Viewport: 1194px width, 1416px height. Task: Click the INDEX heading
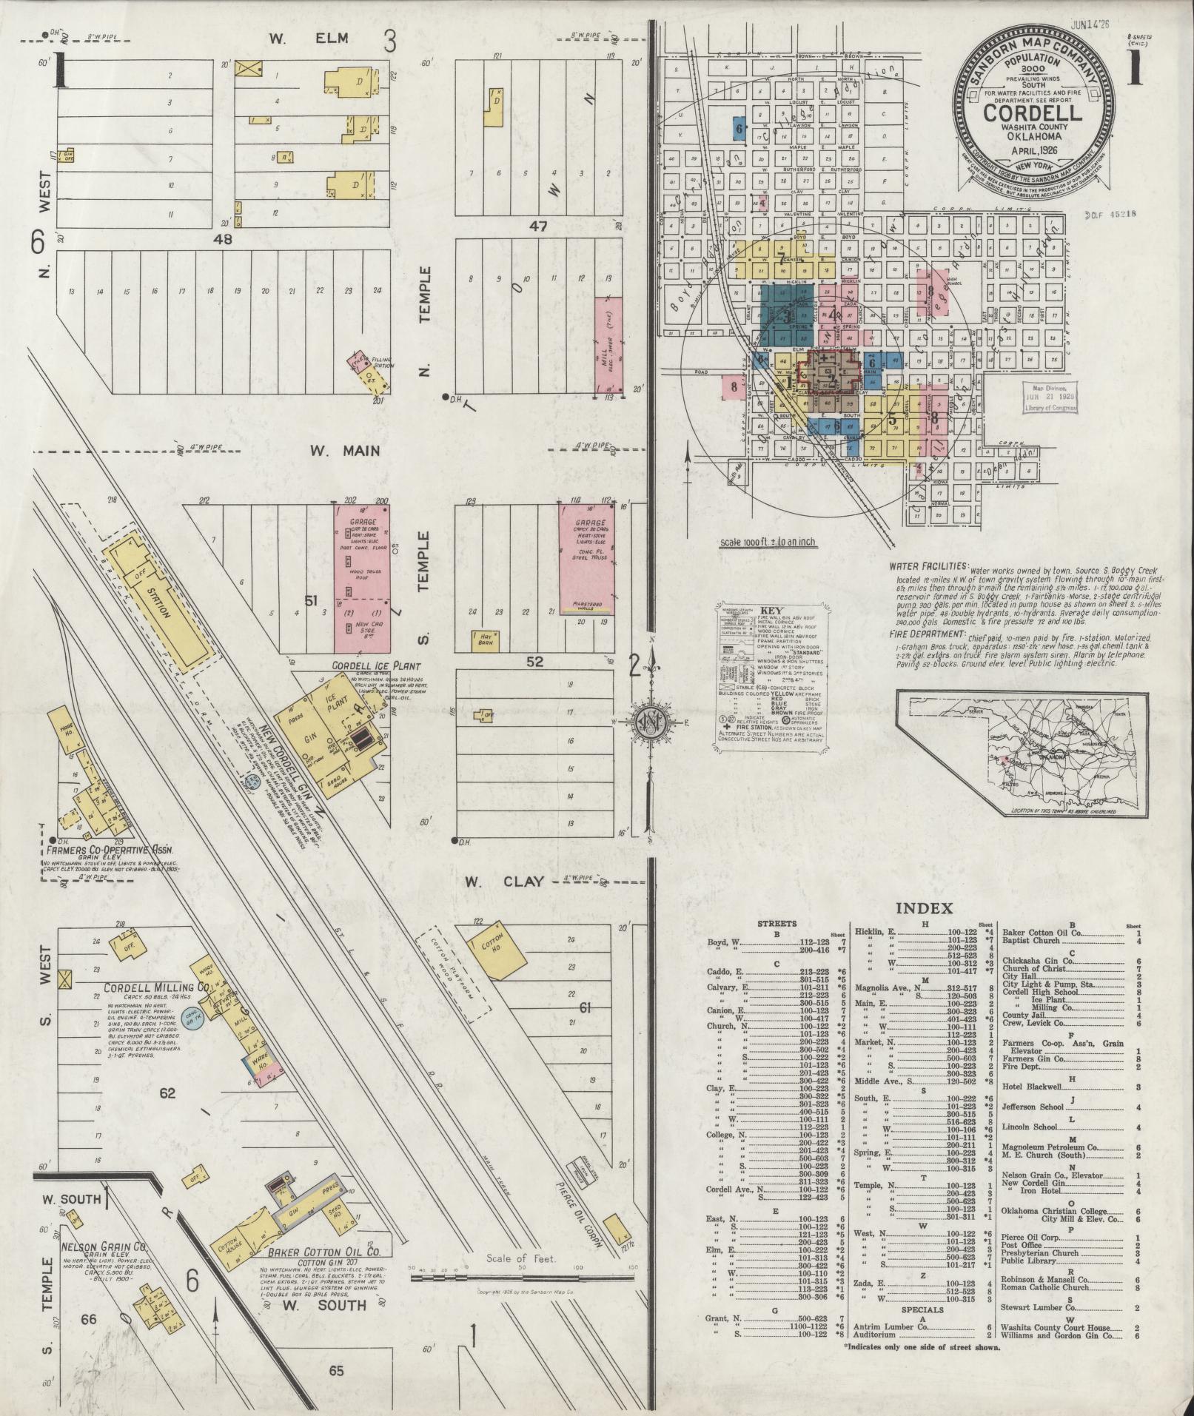(924, 908)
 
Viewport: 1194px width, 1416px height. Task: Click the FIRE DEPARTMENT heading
(928, 635)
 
